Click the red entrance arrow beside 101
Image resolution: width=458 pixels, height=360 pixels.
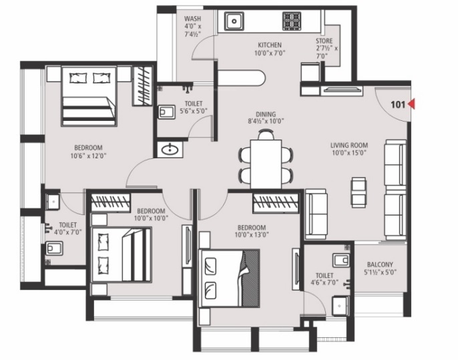(x=412, y=104)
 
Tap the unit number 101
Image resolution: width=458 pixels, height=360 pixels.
(x=399, y=104)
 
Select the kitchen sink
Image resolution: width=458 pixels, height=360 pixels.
(x=234, y=21)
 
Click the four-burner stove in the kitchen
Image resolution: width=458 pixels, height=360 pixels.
(x=292, y=21)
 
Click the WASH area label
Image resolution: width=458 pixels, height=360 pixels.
(x=192, y=19)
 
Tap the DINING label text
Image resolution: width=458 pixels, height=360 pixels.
(x=265, y=114)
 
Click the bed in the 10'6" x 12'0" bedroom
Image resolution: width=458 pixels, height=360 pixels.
(x=89, y=96)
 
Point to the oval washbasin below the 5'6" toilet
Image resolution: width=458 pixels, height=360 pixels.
(x=170, y=149)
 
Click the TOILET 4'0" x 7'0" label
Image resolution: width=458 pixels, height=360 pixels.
(x=68, y=229)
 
